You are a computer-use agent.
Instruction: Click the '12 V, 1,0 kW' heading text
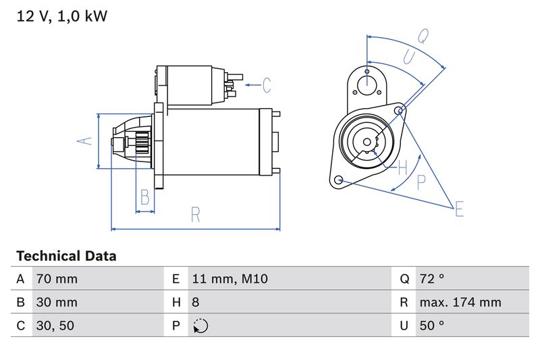tap(61, 16)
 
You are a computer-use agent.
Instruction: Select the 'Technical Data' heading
tap(65, 256)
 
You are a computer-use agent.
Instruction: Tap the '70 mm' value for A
tap(57, 279)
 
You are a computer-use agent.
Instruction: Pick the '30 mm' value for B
tap(57, 302)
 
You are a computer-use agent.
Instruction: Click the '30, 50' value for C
tap(54, 326)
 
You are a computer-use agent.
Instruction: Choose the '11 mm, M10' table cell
tap(230, 279)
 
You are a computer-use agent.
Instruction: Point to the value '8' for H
tap(196, 302)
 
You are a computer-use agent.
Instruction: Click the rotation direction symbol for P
tap(200, 326)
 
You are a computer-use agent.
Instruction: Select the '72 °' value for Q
tap(432, 279)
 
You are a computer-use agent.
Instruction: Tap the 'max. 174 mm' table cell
tap(460, 302)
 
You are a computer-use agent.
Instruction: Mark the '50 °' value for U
tap(432, 326)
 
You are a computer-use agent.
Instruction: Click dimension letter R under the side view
tap(195, 215)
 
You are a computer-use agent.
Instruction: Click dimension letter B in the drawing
tap(144, 197)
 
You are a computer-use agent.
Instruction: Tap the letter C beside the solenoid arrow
tap(267, 85)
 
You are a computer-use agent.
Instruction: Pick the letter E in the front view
tap(459, 209)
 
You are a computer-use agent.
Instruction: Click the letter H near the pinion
tap(402, 166)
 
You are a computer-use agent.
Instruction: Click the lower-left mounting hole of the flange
tap(339, 180)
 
